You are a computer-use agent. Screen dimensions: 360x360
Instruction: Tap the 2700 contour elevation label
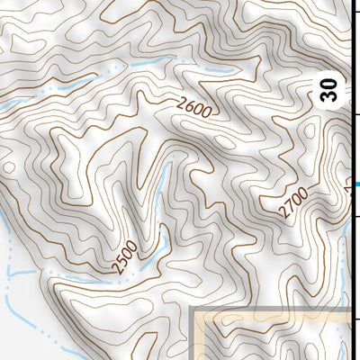click(293, 202)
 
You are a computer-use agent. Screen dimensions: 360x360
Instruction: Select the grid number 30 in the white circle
click(331, 90)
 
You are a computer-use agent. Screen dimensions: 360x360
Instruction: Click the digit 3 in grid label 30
click(331, 96)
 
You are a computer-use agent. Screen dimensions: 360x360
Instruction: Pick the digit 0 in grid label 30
click(331, 84)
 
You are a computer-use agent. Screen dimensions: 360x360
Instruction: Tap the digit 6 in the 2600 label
click(189, 110)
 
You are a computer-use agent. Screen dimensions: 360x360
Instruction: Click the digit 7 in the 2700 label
click(288, 208)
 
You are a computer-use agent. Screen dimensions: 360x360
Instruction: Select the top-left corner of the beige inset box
click(194, 309)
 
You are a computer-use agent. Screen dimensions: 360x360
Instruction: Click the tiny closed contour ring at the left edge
click(8, 166)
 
